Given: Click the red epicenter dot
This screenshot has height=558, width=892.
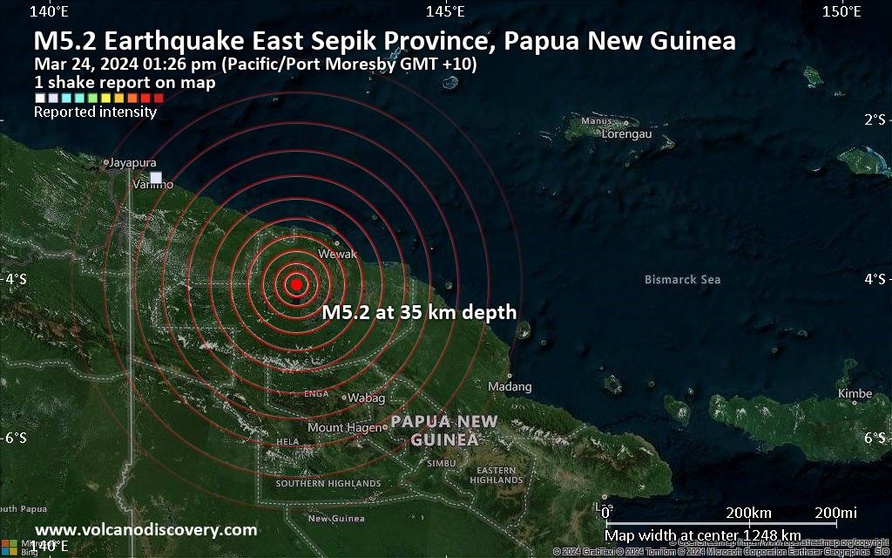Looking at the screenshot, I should click(296, 284).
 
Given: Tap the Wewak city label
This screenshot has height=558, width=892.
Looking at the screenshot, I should click(338, 254).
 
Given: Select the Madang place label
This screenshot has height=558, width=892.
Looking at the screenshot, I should click(510, 386).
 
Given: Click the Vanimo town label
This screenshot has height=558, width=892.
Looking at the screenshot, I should click(152, 185).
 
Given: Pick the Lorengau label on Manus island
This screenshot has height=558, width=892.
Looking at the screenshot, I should click(626, 134).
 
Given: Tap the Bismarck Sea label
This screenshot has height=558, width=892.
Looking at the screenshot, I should click(682, 280).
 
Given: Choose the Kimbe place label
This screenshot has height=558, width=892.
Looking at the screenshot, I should click(855, 393).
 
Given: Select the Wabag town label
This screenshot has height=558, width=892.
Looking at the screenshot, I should click(367, 398).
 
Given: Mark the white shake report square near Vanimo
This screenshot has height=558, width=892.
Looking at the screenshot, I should click(156, 178).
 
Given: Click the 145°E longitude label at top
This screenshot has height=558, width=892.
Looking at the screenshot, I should click(445, 11).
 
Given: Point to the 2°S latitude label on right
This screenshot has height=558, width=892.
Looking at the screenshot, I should click(875, 119).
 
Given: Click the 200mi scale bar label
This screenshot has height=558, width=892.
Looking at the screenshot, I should click(836, 512).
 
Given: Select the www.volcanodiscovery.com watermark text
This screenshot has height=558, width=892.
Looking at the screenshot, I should click(145, 529).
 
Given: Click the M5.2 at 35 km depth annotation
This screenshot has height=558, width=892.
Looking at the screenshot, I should click(419, 312).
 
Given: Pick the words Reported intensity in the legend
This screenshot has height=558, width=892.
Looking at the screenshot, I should click(95, 112).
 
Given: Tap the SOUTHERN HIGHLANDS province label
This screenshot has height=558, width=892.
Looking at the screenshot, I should click(328, 483).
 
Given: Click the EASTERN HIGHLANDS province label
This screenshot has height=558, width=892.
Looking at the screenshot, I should click(497, 475).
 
